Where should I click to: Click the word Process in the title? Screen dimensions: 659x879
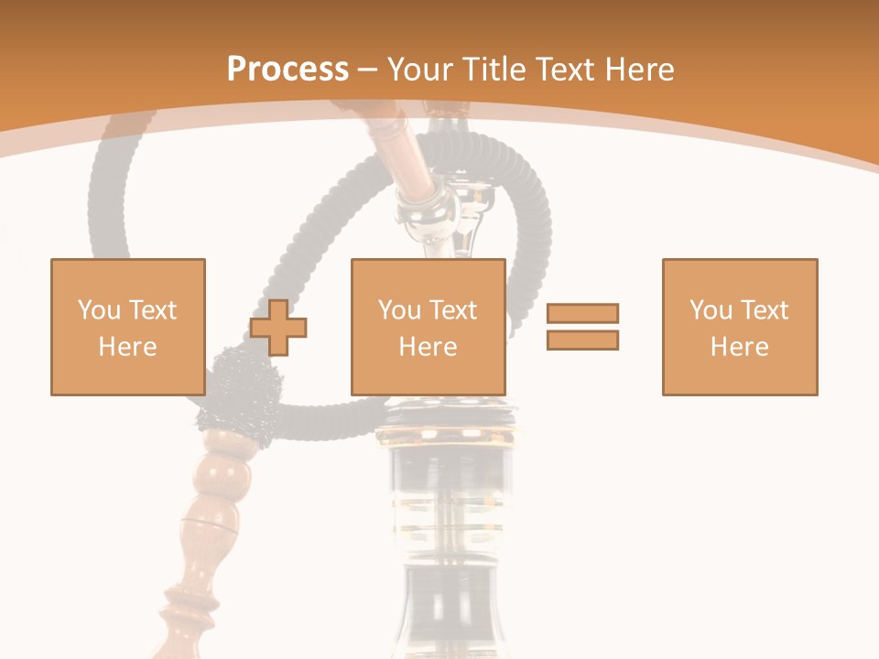click(288, 69)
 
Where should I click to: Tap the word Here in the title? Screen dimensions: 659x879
click(638, 70)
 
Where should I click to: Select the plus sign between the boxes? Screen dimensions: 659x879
click(278, 328)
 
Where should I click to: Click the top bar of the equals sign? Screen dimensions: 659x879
click(582, 313)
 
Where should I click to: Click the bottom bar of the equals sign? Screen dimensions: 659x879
click(582, 340)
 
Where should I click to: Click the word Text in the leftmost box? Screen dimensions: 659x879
click(152, 310)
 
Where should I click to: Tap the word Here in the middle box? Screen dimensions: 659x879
click(428, 347)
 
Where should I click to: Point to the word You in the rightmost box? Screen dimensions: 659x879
click(711, 310)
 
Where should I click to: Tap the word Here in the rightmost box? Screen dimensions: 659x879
click(739, 347)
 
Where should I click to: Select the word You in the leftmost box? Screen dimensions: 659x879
click(99, 310)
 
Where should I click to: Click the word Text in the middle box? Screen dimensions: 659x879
click(452, 310)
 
